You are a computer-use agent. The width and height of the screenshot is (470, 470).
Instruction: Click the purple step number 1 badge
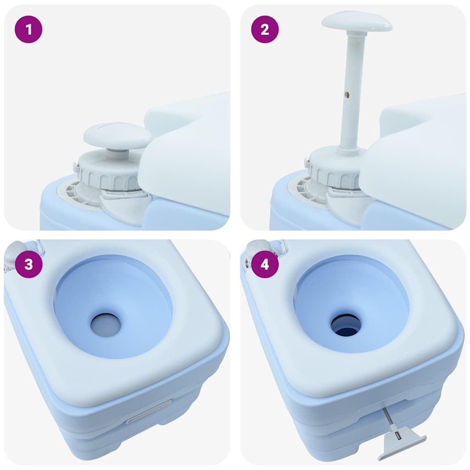click(x=28, y=29)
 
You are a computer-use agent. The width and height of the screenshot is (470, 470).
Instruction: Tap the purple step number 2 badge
click(x=264, y=29)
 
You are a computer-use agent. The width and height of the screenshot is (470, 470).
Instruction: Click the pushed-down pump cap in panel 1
click(x=117, y=134)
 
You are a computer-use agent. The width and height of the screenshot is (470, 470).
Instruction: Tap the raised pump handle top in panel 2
click(x=357, y=21)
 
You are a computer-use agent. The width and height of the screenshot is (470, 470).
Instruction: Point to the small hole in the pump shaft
click(x=347, y=95)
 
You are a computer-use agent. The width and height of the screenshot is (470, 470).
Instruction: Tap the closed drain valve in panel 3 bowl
click(x=106, y=325)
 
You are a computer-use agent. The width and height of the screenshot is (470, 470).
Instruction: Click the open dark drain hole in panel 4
click(x=346, y=325)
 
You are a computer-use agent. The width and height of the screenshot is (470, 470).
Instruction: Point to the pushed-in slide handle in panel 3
click(x=149, y=412)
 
